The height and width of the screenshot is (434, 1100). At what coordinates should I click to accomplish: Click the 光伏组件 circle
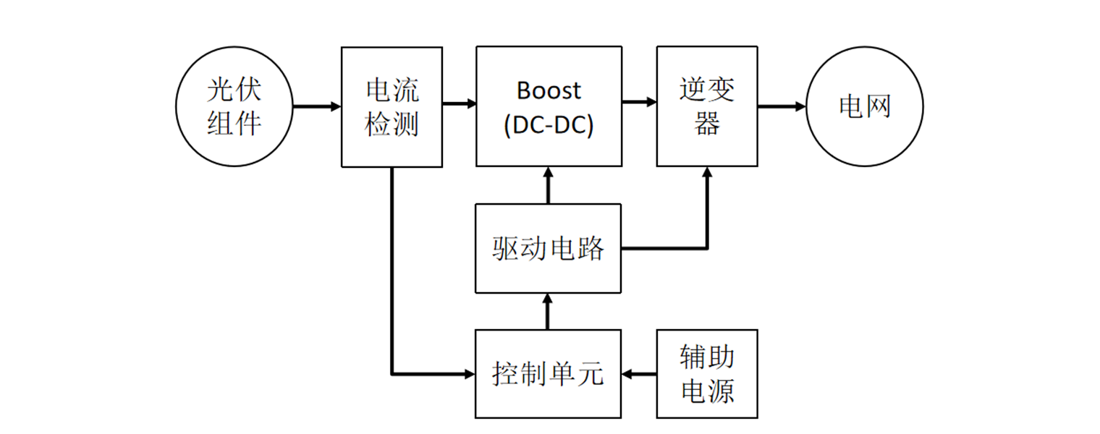click(x=234, y=106)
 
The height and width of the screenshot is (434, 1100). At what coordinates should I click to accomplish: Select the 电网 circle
click(x=865, y=106)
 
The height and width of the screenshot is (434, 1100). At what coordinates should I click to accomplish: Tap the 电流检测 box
click(x=392, y=106)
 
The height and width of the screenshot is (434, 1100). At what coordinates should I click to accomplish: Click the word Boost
click(x=549, y=90)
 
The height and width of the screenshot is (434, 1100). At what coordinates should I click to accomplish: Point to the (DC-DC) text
click(x=549, y=125)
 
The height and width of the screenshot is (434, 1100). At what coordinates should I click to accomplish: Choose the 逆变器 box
click(x=707, y=106)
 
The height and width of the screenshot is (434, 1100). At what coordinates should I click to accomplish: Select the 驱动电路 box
click(x=549, y=248)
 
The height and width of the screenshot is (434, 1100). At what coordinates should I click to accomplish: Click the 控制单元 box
click(x=549, y=374)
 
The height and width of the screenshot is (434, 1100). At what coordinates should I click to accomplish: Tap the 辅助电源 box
click(x=707, y=374)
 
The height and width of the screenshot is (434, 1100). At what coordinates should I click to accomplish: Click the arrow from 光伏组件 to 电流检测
click(x=316, y=106)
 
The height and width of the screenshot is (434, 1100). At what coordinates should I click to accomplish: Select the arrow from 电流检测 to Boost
click(x=459, y=103)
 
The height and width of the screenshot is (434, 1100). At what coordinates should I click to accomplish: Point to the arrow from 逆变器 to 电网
click(x=782, y=106)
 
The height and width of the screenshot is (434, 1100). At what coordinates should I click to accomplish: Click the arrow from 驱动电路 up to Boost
click(x=548, y=185)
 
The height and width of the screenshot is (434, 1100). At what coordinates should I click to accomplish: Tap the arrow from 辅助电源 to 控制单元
click(x=639, y=374)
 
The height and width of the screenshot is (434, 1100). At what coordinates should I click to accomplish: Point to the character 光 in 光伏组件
click(x=220, y=90)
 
